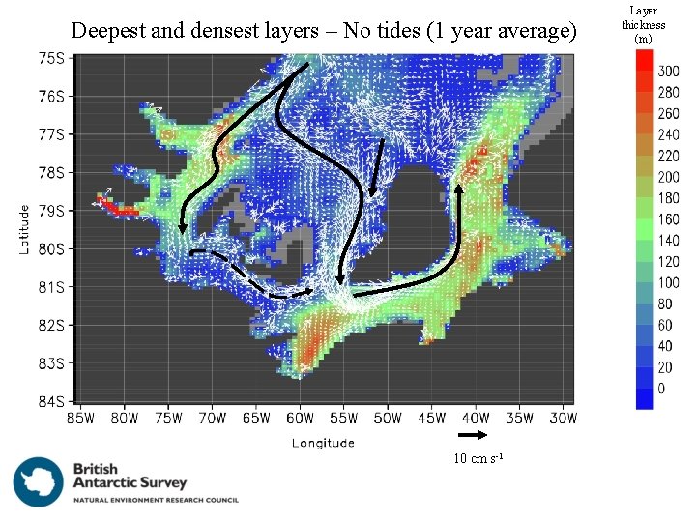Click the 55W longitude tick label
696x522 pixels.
[343, 419]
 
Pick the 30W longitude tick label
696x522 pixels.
[564, 419]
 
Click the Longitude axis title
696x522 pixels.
[324, 443]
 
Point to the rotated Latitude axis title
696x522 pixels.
[25, 228]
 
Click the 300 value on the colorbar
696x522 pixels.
[668, 72]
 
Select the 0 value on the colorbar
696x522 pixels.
[661, 389]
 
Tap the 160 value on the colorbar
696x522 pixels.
[668, 219]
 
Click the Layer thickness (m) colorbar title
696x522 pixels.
[643, 25]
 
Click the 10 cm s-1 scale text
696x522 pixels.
[478, 458]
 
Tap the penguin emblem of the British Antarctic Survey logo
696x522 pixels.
[39, 480]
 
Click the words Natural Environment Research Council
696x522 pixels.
[156, 500]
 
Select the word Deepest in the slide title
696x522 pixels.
[108, 31]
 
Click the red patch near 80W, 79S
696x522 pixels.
[118, 206]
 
